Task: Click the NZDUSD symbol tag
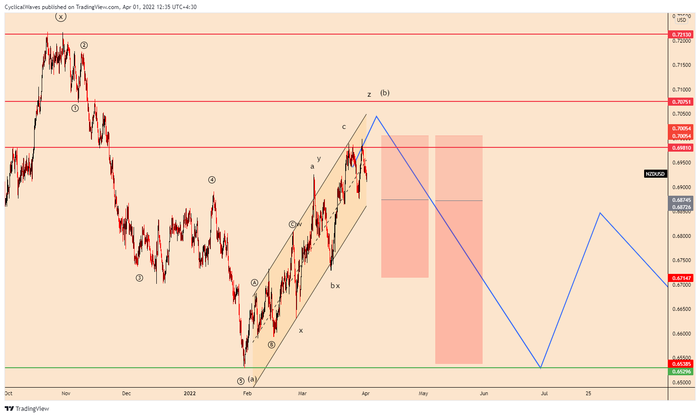[655, 174]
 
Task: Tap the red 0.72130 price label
[682, 35]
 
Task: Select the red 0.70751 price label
[682, 102]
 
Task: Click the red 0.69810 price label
[682, 148]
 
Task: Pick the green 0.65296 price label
[682, 372]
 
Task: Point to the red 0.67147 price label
[682, 278]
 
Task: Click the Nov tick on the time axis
[66, 393]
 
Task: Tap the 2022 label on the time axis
[189, 393]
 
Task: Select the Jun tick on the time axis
[484, 393]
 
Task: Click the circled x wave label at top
[61, 17]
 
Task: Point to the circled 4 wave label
[212, 180]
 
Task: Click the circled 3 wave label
[139, 278]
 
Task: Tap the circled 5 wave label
[241, 381]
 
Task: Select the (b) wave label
[385, 93]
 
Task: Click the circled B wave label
[271, 344]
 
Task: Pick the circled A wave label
[254, 283]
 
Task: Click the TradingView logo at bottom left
[27, 408]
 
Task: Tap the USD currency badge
[682, 20]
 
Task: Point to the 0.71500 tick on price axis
[682, 65]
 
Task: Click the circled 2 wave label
[84, 45]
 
